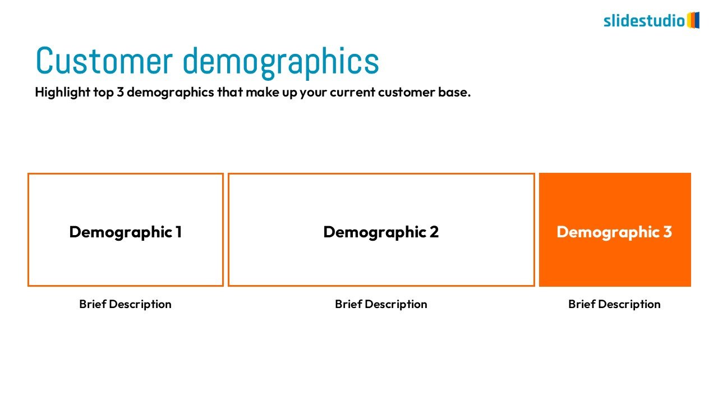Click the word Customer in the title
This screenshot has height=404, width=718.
[x=104, y=61]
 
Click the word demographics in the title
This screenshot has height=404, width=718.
[x=281, y=63]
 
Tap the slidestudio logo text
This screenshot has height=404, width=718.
[x=645, y=21]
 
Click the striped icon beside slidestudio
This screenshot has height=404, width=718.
[x=693, y=20]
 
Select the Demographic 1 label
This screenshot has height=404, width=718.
[x=126, y=232]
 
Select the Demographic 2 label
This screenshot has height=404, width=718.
[x=381, y=232]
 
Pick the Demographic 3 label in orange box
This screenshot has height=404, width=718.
[x=614, y=232]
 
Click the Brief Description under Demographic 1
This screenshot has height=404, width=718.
[x=125, y=304]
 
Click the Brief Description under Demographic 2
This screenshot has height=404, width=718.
[x=381, y=304]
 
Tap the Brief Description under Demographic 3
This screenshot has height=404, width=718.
[x=614, y=304]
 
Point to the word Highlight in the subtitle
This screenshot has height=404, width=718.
[x=63, y=93]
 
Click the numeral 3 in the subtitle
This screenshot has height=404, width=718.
[x=120, y=93]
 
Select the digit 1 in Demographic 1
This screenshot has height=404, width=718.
[x=178, y=232]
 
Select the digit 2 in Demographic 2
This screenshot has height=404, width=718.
[x=434, y=232]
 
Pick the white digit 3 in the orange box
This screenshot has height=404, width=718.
[x=668, y=232]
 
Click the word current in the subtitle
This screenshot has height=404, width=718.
[x=353, y=93]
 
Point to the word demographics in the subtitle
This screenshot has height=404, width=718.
[x=171, y=93]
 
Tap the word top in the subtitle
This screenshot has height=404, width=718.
[x=104, y=93]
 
